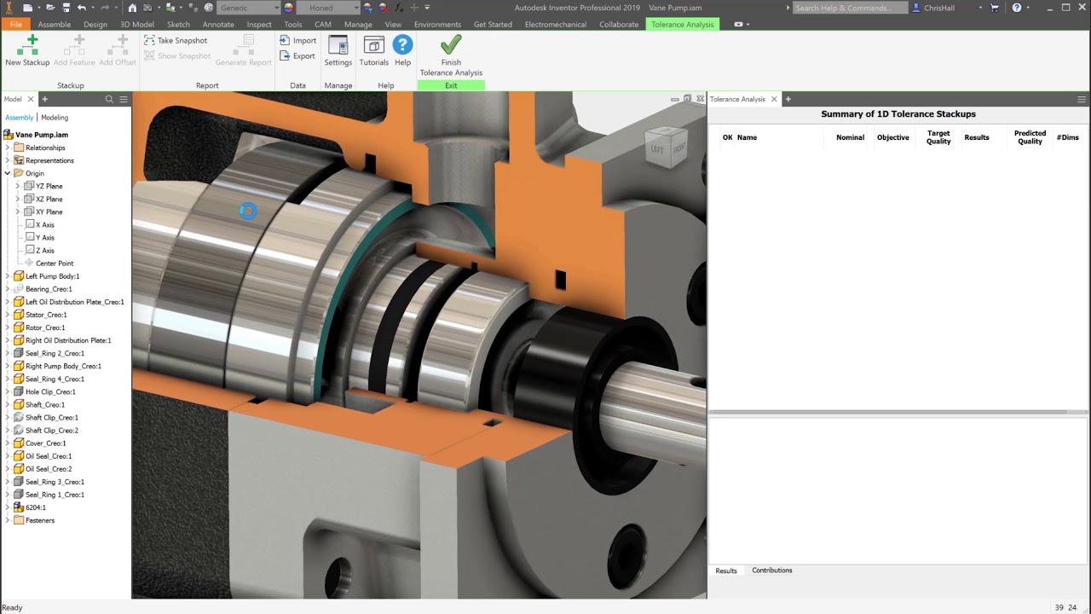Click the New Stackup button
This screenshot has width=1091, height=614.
click(x=27, y=50)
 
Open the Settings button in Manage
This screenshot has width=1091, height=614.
click(x=338, y=50)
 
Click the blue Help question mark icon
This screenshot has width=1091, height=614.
click(x=402, y=50)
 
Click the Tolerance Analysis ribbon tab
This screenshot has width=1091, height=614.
click(x=682, y=24)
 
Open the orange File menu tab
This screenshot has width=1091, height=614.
click(x=16, y=24)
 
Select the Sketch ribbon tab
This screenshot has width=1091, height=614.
click(x=178, y=24)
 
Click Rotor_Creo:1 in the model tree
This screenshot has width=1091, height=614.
click(x=45, y=327)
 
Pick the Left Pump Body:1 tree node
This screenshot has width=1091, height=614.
click(x=52, y=276)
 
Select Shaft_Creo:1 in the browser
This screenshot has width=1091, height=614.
click(x=45, y=404)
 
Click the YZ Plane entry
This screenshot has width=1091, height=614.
click(x=49, y=186)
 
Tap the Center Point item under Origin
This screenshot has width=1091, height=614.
click(x=55, y=264)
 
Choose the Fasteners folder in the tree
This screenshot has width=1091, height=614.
click(x=39, y=520)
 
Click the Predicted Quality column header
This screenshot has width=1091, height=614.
click(x=1030, y=137)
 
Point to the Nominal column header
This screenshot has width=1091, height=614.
click(x=850, y=137)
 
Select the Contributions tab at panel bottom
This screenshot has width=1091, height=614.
click(x=771, y=571)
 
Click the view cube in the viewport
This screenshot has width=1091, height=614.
click(x=666, y=148)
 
